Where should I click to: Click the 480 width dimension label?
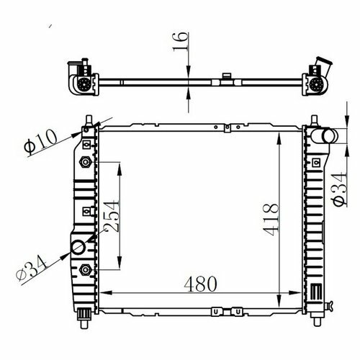point(200,284)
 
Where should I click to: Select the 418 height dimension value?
point(271,220)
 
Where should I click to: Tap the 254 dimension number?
point(111,216)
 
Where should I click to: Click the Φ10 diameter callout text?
point(41,142)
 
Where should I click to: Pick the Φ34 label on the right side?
point(340,189)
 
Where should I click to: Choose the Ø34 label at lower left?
point(31,268)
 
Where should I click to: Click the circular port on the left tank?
point(78,248)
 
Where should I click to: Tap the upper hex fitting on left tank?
point(86,162)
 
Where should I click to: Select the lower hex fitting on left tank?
point(86,270)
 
